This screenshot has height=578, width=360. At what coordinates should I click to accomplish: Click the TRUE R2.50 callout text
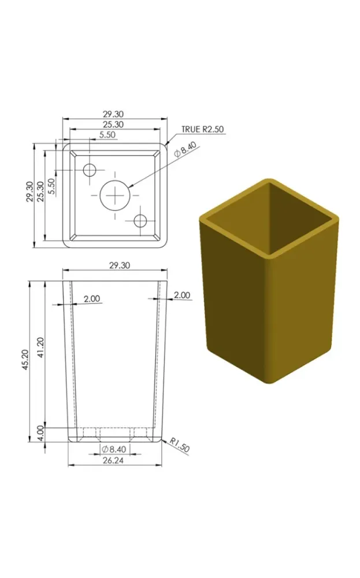[x=202, y=129]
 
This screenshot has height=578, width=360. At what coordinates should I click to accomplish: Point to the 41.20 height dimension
[x=41, y=347]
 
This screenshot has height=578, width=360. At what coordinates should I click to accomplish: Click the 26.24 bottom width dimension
[x=113, y=461]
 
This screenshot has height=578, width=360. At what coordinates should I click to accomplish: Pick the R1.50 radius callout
[x=180, y=445]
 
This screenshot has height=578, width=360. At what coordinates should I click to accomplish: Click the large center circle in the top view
[x=116, y=195]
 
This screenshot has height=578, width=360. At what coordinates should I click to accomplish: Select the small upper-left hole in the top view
[x=90, y=171]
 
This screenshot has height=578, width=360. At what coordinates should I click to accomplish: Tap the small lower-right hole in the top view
[x=140, y=221]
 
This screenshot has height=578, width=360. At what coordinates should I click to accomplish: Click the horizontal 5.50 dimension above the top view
[x=107, y=135]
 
